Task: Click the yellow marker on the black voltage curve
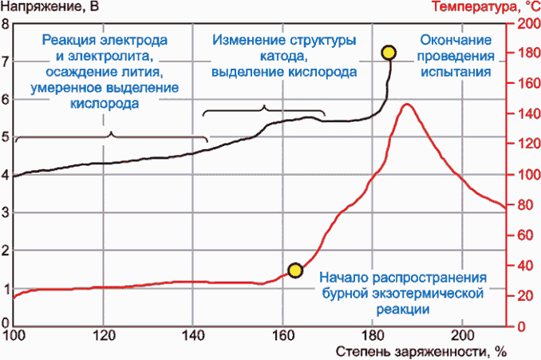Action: point(389,53)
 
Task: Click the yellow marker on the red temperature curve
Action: point(295,270)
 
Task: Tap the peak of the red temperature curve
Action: point(407,105)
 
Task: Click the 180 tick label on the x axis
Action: point(371,335)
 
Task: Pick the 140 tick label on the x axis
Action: point(192,335)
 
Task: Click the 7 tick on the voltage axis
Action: point(6,61)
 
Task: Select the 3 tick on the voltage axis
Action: point(6,212)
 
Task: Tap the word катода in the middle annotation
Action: point(284,56)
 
